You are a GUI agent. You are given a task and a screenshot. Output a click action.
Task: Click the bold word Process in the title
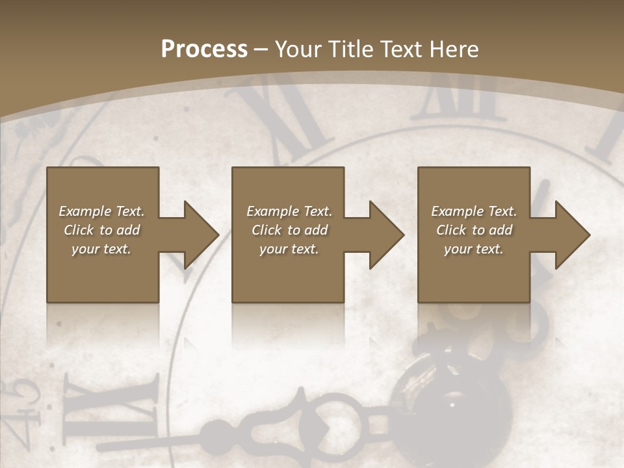204,49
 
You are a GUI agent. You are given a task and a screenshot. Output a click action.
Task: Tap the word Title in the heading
351,49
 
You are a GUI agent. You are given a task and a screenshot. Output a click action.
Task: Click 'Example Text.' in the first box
101,211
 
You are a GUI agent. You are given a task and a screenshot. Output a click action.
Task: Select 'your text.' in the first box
101,249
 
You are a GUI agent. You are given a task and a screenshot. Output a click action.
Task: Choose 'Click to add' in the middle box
289,230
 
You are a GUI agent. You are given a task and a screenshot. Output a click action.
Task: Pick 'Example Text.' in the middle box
289,211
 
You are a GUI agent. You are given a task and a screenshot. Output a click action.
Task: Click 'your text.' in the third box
474,249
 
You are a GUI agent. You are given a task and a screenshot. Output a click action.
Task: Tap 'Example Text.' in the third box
474,211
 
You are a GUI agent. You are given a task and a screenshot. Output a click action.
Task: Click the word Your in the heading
300,49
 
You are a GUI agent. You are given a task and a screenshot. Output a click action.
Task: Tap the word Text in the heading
402,49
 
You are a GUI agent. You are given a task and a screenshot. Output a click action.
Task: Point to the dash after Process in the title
261,50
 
